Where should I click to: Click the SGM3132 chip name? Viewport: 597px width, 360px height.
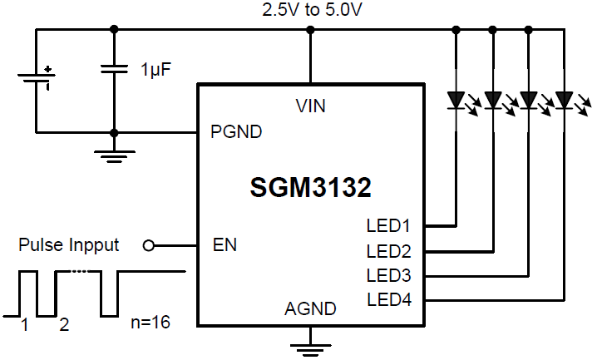pos(310,188)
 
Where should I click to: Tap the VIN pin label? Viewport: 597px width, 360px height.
pos(310,106)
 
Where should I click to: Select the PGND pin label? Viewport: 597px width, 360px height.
pos(236,131)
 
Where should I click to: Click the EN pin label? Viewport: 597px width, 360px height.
pos(224,245)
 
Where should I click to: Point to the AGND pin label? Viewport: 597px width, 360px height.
pos(310,309)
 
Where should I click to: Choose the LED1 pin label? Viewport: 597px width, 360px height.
pos(388,224)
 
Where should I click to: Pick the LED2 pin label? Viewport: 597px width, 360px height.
pos(388,250)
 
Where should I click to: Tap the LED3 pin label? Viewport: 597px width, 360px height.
pos(388,275)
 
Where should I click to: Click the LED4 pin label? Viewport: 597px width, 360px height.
pos(388,299)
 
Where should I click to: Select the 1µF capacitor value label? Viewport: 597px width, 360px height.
pos(155,70)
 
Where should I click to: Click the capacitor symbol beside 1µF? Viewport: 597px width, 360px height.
pos(114,70)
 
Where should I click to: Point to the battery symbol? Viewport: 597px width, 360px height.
pos(36,80)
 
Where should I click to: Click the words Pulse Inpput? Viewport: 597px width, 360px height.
pos(69,245)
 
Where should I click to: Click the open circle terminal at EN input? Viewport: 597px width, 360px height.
pos(149,246)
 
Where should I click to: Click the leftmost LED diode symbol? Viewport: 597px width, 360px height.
pos(456,101)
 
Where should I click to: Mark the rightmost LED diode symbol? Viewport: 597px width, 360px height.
pos(565,101)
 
